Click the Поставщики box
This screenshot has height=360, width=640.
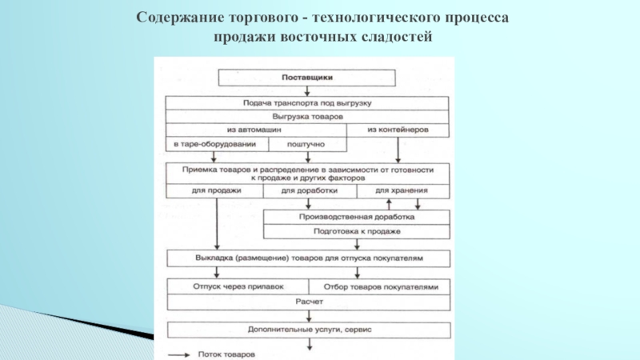pos(307,78)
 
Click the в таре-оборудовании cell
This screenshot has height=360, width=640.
pos(216,144)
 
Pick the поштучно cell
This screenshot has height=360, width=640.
pos(307,144)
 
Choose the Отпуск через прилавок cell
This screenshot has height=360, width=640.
pos(238,286)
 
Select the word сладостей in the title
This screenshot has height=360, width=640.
pos(398,37)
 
